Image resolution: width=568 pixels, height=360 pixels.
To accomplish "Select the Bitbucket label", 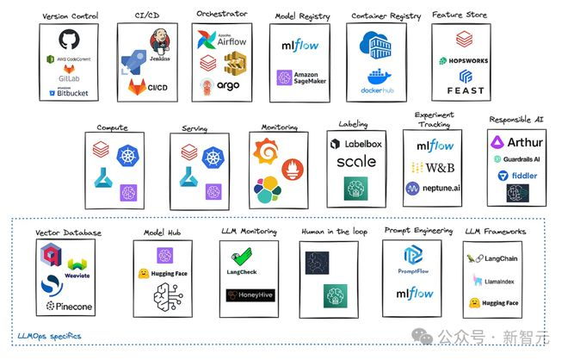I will [71, 92].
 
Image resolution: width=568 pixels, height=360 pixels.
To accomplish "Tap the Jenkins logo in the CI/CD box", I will [158, 43].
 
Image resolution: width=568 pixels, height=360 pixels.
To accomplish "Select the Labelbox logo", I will [355, 143].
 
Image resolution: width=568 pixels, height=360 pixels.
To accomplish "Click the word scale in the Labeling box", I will [355, 161].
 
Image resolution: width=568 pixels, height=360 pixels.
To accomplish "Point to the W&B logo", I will [433, 166].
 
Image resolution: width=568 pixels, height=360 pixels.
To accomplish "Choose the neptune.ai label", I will [433, 187].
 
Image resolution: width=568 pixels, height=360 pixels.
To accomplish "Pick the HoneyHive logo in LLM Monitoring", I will [247, 295].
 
